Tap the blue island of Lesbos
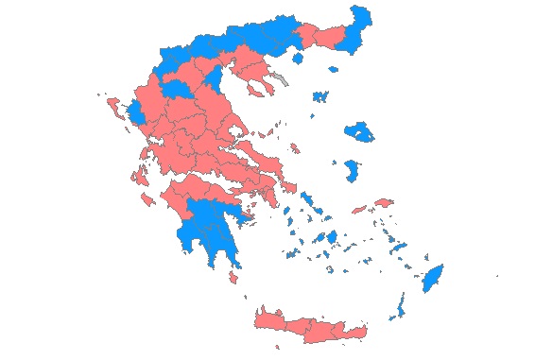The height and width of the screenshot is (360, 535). pyautogui.click(x=359, y=130)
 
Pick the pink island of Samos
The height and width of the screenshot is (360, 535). pyautogui.click(x=384, y=202)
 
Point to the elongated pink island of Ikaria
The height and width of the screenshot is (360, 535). pyautogui.click(x=358, y=209)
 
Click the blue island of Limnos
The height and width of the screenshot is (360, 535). pyautogui.click(x=319, y=95)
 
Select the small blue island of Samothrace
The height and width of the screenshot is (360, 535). pyautogui.click(x=333, y=68)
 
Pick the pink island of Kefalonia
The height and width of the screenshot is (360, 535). pyautogui.click(x=140, y=177)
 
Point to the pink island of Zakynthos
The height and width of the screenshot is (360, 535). pyautogui.click(x=147, y=201)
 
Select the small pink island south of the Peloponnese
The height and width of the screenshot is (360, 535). pyautogui.click(x=233, y=277)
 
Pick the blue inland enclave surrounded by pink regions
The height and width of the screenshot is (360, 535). pyautogui.click(x=176, y=88)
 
